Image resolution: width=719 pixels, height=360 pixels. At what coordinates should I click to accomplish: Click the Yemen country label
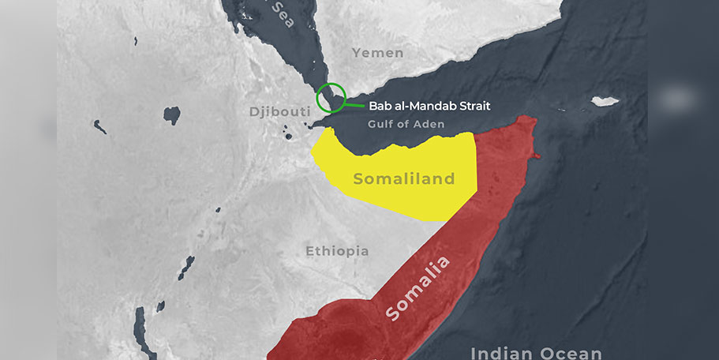pos(377,53)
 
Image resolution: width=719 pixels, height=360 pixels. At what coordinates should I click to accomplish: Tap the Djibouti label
pos(279,111)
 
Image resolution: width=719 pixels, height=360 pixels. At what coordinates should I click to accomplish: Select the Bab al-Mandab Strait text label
pos(429,105)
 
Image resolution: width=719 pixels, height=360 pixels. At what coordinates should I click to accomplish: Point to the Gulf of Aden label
pos(406,124)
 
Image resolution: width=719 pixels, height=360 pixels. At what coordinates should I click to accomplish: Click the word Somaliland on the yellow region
pos(404,179)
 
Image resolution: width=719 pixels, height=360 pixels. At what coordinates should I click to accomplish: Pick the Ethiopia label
pos(337,251)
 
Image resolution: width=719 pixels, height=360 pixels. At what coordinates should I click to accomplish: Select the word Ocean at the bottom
pos(573,353)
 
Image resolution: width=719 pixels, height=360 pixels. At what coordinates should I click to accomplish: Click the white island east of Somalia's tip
pos(605,101)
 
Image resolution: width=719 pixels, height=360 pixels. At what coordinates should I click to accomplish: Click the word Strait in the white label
pos(470,105)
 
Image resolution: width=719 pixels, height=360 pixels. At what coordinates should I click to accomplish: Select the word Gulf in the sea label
pos(380,124)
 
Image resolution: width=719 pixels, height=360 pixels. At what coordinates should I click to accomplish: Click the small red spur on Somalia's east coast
pos(537,156)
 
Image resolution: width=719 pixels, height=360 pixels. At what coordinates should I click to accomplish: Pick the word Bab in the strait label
pos(380,105)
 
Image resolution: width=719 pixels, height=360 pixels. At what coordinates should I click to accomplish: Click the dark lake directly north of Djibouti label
pos(171,115)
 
